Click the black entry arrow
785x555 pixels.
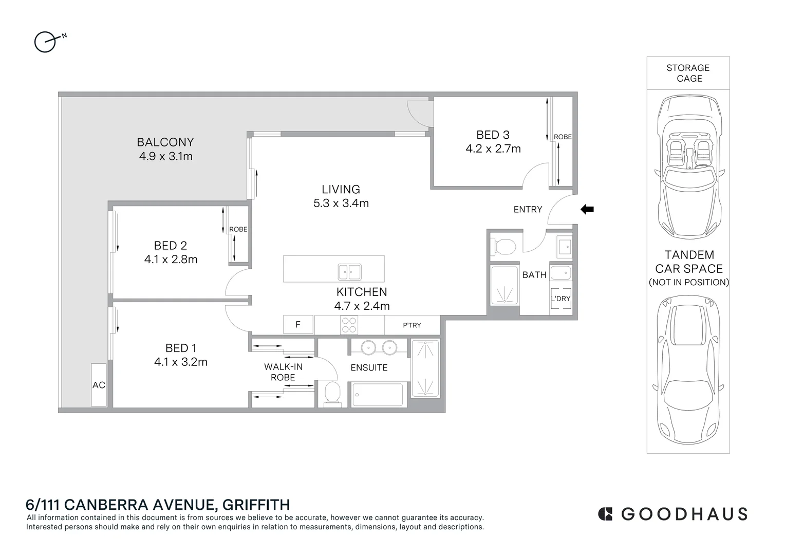pyautogui.click(x=587, y=209)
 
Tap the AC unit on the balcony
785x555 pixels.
pyautogui.click(x=99, y=385)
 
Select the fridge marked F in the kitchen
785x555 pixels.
pyautogui.click(x=298, y=325)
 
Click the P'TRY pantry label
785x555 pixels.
pyautogui.click(x=412, y=325)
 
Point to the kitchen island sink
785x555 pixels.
pyautogui.click(x=349, y=271)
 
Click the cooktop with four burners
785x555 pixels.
pyautogui.click(x=349, y=325)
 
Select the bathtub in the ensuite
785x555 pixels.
pyautogui.click(x=378, y=395)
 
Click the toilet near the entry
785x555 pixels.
pyautogui.click(x=503, y=247)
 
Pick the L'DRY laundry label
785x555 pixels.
pyautogui.click(x=560, y=299)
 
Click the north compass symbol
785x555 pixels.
pyautogui.click(x=45, y=42)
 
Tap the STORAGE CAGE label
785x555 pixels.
pyautogui.click(x=688, y=73)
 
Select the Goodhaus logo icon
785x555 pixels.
pyautogui.click(x=606, y=514)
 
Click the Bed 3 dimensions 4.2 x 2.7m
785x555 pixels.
pyautogui.click(x=493, y=149)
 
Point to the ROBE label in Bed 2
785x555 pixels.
pyautogui.click(x=238, y=229)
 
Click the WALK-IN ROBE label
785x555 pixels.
pyautogui.click(x=283, y=372)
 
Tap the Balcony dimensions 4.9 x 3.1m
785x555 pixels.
pyautogui.click(x=165, y=156)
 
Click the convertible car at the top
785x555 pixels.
pyautogui.click(x=688, y=167)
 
